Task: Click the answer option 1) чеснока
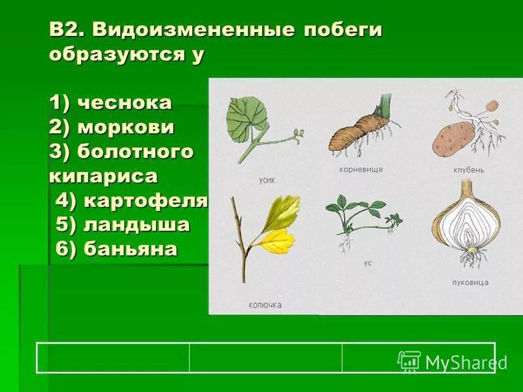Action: (110, 103)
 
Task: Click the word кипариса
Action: (103, 176)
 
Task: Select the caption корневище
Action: (361, 169)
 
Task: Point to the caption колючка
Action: (265, 305)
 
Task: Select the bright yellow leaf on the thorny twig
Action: (278, 242)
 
